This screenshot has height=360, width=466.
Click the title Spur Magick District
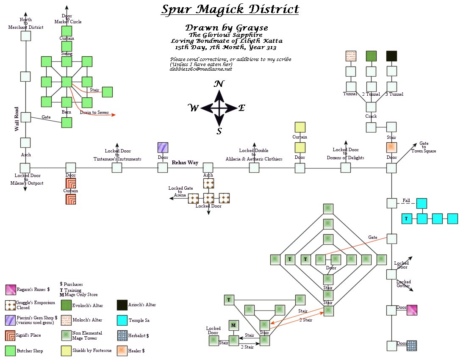coord(230,10)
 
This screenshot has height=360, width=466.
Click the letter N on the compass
coord(219,83)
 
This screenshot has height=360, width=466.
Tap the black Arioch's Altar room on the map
coord(391,56)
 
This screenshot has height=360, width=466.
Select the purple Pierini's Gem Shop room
coord(163,147)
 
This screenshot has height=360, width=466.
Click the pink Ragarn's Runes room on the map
coord(412,310)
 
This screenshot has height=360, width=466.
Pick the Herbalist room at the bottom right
coord(412,346)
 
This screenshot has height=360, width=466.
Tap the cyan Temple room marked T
coord(406,219)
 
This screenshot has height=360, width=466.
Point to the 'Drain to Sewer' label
coord(94,113)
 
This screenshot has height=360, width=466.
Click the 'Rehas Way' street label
coord(185,163)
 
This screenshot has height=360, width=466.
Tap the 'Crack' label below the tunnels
coord(371,116)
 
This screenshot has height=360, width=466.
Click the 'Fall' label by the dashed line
coord(406,200)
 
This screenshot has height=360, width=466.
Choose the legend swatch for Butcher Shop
coord(11,350)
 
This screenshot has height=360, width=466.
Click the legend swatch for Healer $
coord(122,350)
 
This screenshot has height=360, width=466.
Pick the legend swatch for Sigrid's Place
coord(11,335)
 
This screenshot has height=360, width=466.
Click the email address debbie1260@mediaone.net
coord(201,69)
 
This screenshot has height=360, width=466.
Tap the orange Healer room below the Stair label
coord(391,147)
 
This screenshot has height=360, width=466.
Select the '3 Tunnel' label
coord(394,94)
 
